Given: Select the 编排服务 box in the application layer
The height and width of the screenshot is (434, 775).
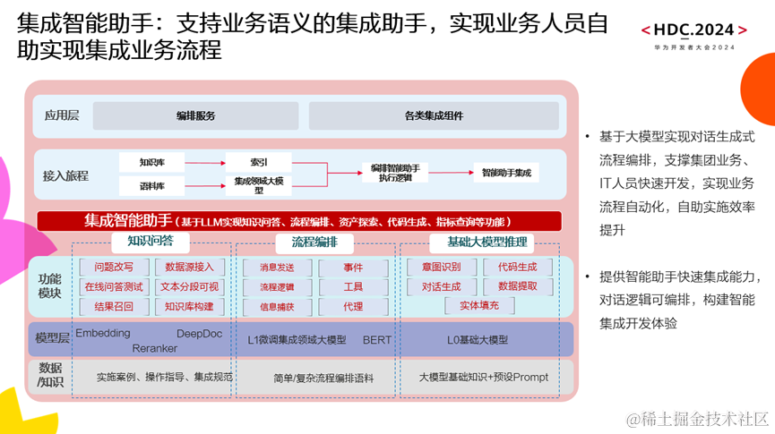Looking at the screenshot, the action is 195,115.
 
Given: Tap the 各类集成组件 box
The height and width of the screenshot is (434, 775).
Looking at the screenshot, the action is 434,115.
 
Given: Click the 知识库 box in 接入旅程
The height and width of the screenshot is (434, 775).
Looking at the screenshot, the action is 151,162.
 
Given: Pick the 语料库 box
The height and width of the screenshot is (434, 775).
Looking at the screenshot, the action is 151,186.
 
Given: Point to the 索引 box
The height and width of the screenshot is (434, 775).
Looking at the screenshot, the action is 258,162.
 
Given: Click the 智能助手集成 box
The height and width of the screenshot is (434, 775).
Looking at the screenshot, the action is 506,172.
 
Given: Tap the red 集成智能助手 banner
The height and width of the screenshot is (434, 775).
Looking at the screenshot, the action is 299,220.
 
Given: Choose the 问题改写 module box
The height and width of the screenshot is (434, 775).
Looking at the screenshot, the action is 114,267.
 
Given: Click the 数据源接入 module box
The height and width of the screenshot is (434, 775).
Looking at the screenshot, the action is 189,267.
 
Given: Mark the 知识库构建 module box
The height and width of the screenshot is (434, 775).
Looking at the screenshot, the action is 189,306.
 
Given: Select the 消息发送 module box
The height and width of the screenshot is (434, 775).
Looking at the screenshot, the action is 277,268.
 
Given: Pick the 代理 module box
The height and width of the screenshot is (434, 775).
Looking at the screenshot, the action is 353,306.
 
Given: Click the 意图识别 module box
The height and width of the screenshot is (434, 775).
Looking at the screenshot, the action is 441,267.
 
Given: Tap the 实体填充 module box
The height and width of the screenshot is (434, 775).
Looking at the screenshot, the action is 479,306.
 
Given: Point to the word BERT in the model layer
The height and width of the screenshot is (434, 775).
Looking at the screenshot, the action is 377,340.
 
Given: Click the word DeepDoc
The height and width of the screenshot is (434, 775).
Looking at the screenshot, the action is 199,334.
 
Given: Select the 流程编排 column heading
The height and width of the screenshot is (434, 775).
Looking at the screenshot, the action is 314,243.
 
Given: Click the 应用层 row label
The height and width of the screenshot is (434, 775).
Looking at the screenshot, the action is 61,115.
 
